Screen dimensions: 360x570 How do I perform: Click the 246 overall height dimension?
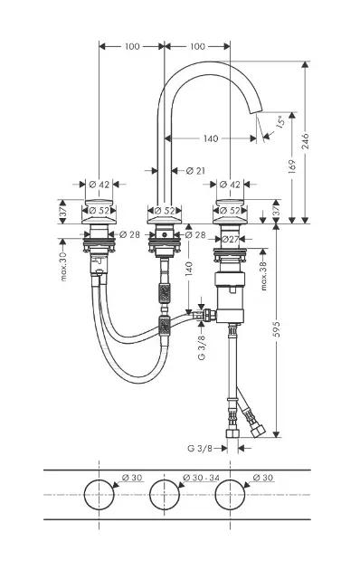pos(305,141)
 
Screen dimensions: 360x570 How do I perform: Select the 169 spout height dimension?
pos(291,167)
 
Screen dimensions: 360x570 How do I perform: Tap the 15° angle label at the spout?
pos(279,121)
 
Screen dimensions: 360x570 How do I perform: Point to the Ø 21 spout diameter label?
pos(195,170)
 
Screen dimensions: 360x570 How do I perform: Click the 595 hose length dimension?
pos(277,328)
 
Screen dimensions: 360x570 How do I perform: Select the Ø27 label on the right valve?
pos(230,239)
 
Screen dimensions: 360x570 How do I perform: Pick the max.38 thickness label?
pos(264,276)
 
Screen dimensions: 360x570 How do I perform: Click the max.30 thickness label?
pos(63,267)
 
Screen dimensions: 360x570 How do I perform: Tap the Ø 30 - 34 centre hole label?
pos(201,478)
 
